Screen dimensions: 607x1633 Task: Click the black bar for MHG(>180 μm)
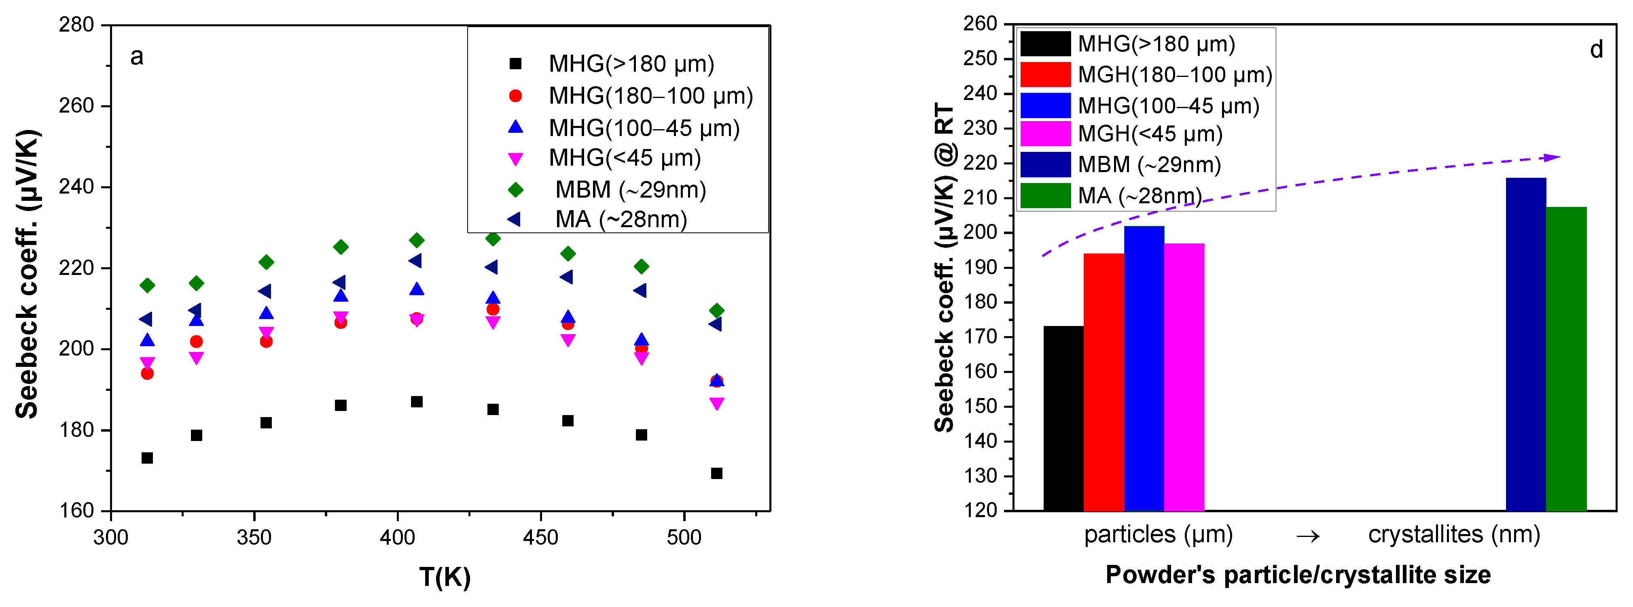[1063, 419]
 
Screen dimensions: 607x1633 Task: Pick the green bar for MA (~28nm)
[1566, 358]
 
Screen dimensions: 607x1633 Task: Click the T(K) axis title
[445, 577]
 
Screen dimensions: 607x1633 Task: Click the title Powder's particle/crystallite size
[1298, 575]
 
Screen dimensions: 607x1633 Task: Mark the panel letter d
[1596, 49]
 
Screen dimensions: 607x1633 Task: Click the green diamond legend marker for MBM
[515, 190]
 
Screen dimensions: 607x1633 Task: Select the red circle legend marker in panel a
[515, 96]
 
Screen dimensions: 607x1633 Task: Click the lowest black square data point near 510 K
[716, 473]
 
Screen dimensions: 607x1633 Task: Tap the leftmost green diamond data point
[147, 285]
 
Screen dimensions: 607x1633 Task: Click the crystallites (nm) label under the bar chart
[1453, 535]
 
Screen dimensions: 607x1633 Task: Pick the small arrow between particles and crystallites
[1308, 537]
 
